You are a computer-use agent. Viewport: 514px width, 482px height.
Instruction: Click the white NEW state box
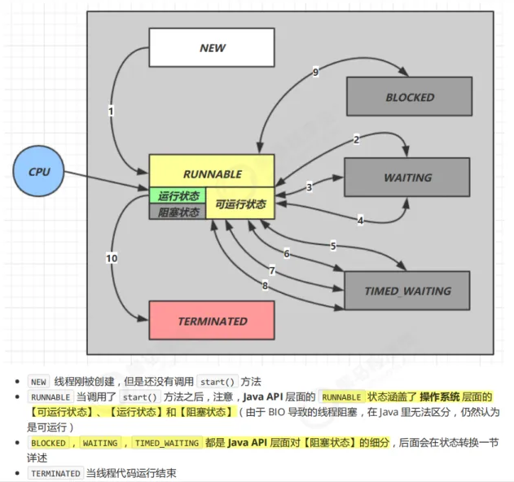212,48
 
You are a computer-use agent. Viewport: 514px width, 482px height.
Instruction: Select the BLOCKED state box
410,97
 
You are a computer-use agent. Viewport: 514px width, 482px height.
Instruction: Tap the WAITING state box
408,177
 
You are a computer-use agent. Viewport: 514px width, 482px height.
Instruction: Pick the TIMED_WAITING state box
407,291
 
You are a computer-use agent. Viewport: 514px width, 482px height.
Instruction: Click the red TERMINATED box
212,321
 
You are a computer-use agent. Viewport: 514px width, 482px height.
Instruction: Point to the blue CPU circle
39,172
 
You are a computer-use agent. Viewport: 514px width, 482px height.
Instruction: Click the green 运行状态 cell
177,195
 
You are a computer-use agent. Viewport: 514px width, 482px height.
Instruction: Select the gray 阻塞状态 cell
177,212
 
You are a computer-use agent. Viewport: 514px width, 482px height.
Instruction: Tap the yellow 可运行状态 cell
239,204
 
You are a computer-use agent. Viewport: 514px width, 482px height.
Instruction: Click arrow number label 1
111,110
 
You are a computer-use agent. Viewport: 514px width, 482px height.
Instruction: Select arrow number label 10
112,258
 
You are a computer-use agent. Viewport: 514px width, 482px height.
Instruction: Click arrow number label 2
356,139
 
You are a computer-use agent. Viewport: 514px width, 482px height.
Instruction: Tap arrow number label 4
360,220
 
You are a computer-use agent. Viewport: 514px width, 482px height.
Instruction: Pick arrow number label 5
332,246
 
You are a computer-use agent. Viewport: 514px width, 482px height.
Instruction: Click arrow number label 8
265,285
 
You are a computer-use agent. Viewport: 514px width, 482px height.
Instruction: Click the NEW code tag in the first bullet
38,381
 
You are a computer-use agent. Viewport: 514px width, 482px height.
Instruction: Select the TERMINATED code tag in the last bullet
55,473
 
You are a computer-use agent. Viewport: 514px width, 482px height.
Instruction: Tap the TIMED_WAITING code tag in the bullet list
167,443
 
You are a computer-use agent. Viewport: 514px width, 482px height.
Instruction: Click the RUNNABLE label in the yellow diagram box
212,173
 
